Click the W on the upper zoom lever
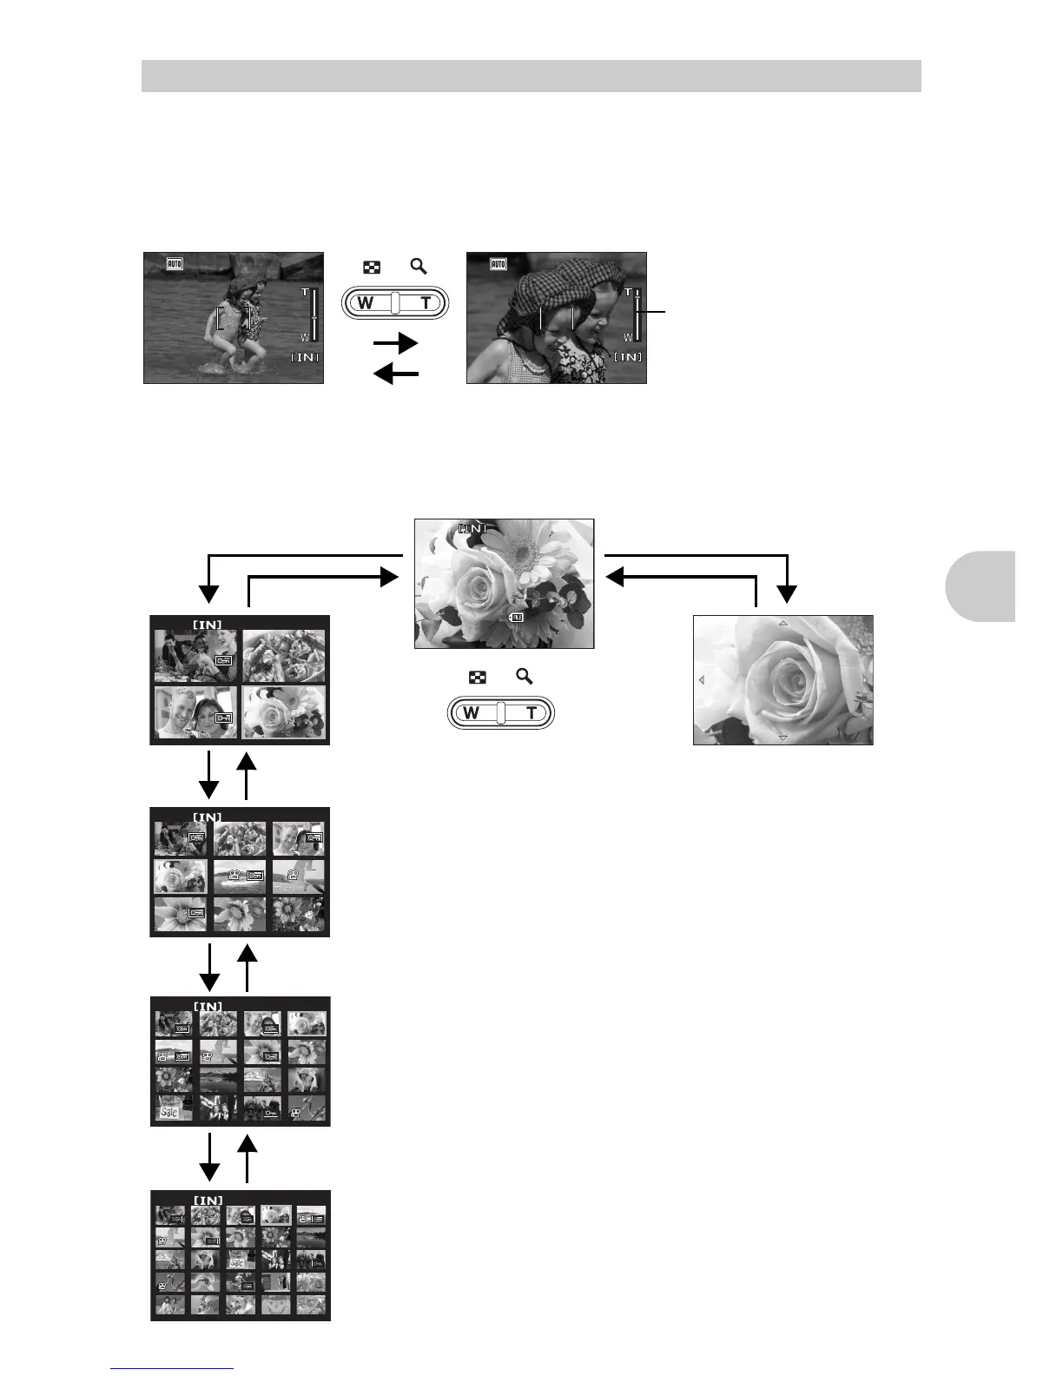(x=366, y=303)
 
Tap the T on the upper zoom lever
(x=426, y=303)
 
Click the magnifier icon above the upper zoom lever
(x=419, y=267)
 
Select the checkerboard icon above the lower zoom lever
(x=477, y=678)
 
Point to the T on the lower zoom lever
(x=531, y=713)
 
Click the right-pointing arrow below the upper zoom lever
(x=395, y=344)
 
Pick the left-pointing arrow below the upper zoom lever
(x=395, y=374)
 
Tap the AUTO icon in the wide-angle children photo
(x=175, y=263)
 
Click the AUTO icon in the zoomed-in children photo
(x=498, y=263)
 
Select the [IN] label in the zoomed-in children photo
(x=627, y=357)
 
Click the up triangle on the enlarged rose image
(x=782, y=623)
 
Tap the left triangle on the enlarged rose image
(x=701, y=680)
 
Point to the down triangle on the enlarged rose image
(x=782, y=738)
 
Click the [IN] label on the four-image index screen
(x=207, y=624)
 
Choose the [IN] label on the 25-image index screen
(x=208, y=1201)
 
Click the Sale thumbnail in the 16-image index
(x=173, y=1110)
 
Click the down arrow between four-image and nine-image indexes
(x=209, y=775)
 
